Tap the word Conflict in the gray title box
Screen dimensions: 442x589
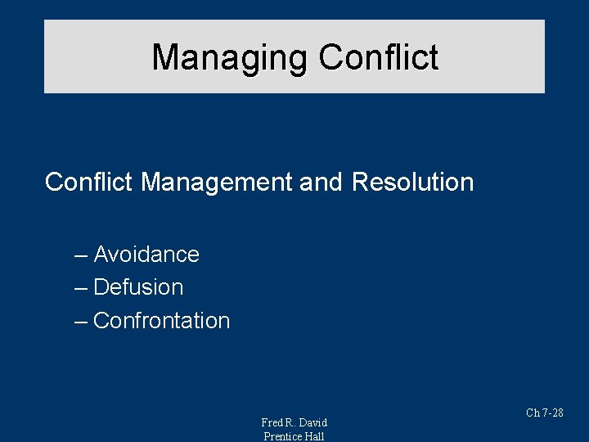(x=379, y=58)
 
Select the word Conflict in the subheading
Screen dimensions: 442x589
(x=89, y=182)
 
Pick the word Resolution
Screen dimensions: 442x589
(x=412, y=182)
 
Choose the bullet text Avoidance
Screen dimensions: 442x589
(x=146, y=255)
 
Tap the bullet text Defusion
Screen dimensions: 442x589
(x=138, y=287)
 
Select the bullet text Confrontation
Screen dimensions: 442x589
(x=162, y=320)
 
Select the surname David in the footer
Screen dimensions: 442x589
(x=313, y=422)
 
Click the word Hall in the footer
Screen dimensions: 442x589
(x=315, y=436)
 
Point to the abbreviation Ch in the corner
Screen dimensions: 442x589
(x=533, y=413)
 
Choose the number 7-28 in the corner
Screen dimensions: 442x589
(x=553, y=413)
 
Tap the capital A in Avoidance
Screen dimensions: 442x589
(x=101, y=255)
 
